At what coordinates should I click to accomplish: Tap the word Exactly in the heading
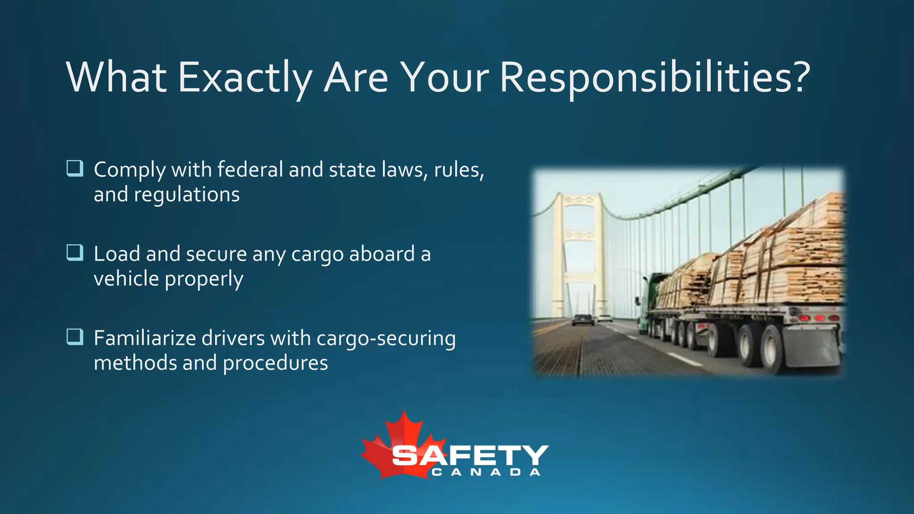245,78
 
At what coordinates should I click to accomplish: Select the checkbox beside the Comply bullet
75,168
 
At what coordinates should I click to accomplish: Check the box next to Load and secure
75,253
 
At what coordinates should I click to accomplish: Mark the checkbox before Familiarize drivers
75,337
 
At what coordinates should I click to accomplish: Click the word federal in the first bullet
250,170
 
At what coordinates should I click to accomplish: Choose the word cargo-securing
386,339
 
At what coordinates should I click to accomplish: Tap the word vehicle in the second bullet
126,279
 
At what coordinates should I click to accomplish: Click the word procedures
275,363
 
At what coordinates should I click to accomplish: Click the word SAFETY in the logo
469,455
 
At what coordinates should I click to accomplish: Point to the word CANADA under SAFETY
486,472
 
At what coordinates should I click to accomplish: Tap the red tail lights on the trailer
819,318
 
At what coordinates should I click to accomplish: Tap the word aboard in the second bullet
382,254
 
